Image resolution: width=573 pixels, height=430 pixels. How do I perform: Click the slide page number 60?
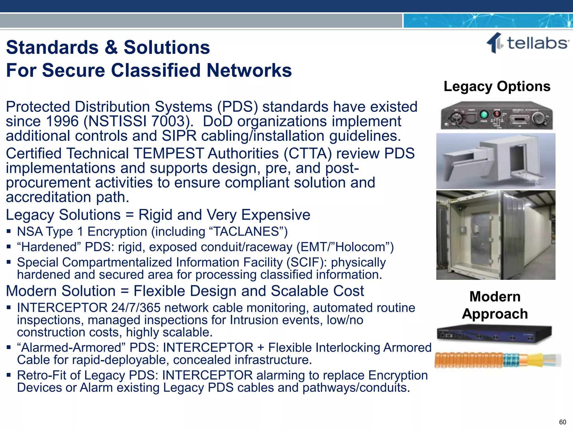point(562,422)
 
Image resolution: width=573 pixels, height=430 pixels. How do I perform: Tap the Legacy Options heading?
point(497,86)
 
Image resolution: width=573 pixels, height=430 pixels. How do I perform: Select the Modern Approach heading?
point(495,305)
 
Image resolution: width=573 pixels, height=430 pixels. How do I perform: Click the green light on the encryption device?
point(484,114)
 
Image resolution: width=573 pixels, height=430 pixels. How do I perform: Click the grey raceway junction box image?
point(496,161)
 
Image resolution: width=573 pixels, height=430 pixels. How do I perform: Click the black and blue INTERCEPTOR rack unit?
point(494,334)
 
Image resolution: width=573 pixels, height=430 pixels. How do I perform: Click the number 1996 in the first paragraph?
point(62,121)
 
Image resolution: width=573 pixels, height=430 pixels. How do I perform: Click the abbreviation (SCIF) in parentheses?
point(306,263)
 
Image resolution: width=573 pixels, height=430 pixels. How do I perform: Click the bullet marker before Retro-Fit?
point(9,375)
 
